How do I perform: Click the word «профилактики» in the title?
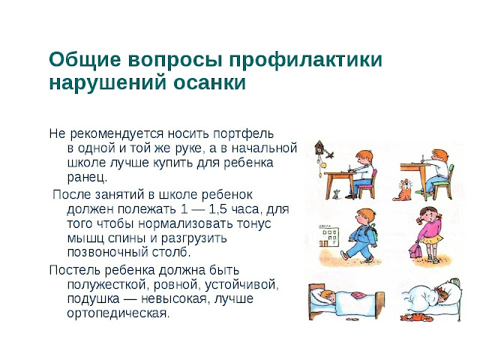point(306,60)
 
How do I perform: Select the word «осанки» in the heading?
point(210,82)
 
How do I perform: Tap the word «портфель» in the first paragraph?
point(243,134)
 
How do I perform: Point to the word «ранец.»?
point(87,178)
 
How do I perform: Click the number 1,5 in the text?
point(217,209)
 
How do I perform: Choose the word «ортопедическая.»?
point(118,313)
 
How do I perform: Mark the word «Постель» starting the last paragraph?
point(75,270)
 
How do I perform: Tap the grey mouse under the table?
point(337,195)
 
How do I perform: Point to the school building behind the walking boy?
point(329,235)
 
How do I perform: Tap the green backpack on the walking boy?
point(373,232)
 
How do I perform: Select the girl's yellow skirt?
point(432,238)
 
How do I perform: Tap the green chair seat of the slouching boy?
point(441,183)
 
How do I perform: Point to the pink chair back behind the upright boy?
point(373,178)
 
